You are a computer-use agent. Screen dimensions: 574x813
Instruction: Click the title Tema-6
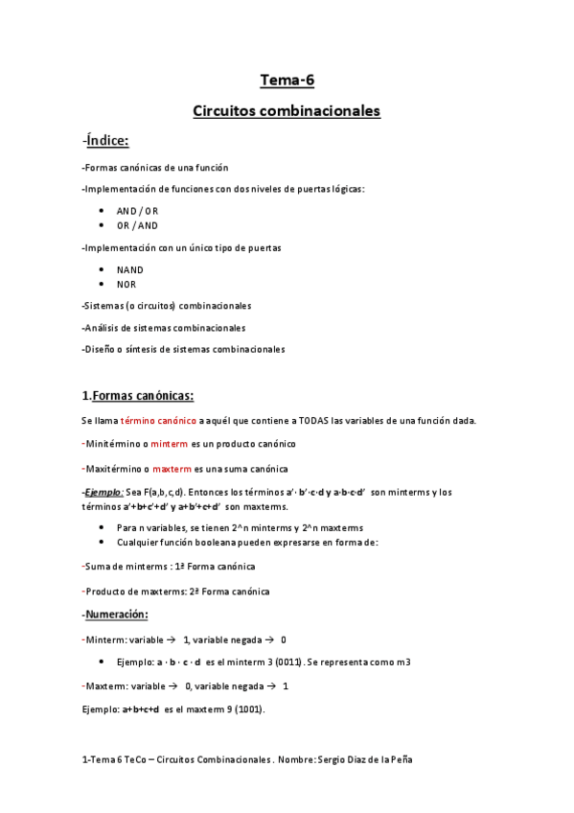click(x=287, y=80)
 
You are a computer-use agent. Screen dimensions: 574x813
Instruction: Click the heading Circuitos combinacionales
click(x=287, y=111)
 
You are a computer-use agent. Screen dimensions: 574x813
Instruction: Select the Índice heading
click(x=106, y=142)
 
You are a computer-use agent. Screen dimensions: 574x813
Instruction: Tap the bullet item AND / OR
click(x=137, y=210)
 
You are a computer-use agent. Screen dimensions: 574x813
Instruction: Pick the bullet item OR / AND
click(x=137, y=225)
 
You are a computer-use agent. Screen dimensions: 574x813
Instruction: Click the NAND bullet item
click(x=130, y=269)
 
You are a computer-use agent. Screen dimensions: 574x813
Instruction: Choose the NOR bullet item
click(x=126, y=284)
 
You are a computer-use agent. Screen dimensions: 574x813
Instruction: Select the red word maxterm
click(x=172, y=469)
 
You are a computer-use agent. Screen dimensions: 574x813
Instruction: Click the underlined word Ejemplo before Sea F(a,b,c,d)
click(x=103, y=492)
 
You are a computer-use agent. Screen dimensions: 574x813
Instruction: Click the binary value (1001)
click(x=243, y=709)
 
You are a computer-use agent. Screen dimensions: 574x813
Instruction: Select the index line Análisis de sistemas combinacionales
click(x=164, y=328)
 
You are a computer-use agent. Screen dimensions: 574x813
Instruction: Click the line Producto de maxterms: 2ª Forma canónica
click(x=175, y=592)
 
